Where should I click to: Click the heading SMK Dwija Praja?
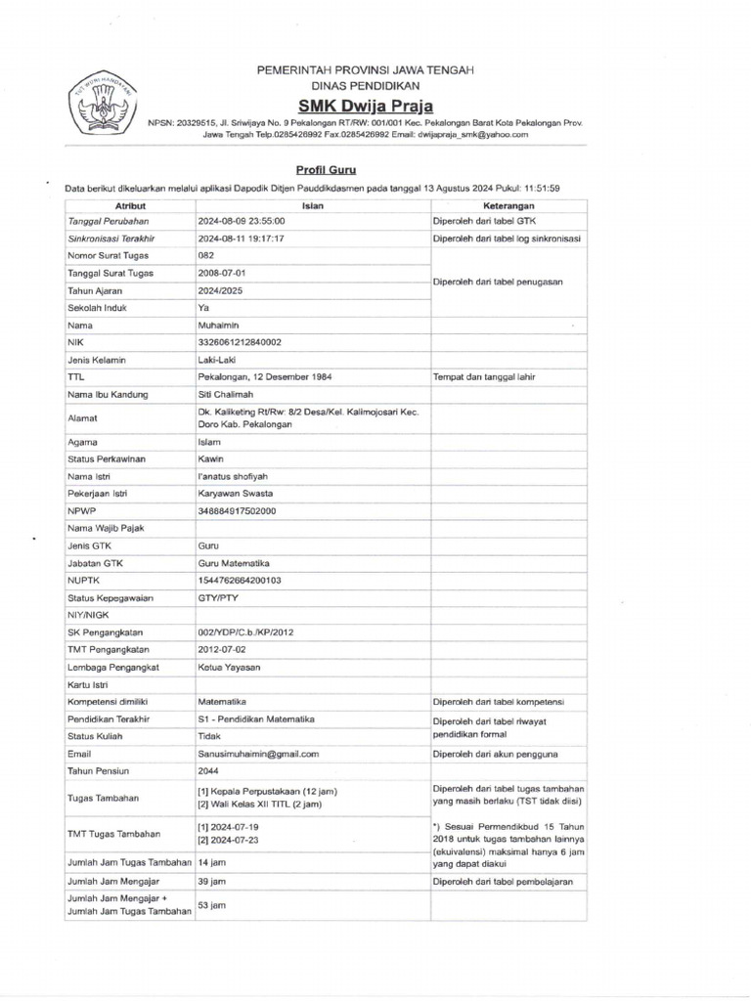pyautogui.click(x=366, y=106)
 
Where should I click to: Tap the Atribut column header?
pyautogui.click(x=130, y=206)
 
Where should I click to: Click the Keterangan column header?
pyautogui.click(x=508, y=206)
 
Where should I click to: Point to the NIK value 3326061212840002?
pyautogui.click(x=240, y=342)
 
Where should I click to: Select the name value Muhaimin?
pyautogui.click(x=218, y=325)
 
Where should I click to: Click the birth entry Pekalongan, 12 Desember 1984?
pyautogui.click(x=264, y=376)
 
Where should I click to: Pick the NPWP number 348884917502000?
pyautogui.click(x=237, y=510)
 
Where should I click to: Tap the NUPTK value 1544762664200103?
pyautogui.click(x=240, y=580)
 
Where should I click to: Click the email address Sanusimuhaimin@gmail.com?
pyautogui.click(x=259, y=754)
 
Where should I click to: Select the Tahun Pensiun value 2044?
pyautogui.click(x=208, y=771)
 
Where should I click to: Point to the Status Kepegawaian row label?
pyautogui.click(x=111, y=597)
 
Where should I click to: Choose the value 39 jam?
pyautogui.click(x=212, y=881)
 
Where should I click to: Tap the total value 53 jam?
pyautogui.click(x=212, y=905)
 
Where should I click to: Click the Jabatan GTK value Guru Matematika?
pyautogui.click(x=234, y=563)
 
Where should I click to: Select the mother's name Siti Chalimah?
pyautogui.click(x=227, y=394)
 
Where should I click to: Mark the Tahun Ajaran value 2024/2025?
pyautogui.click(x=221, y=290)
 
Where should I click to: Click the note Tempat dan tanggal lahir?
pyautogui.click(x=483, y=376)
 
